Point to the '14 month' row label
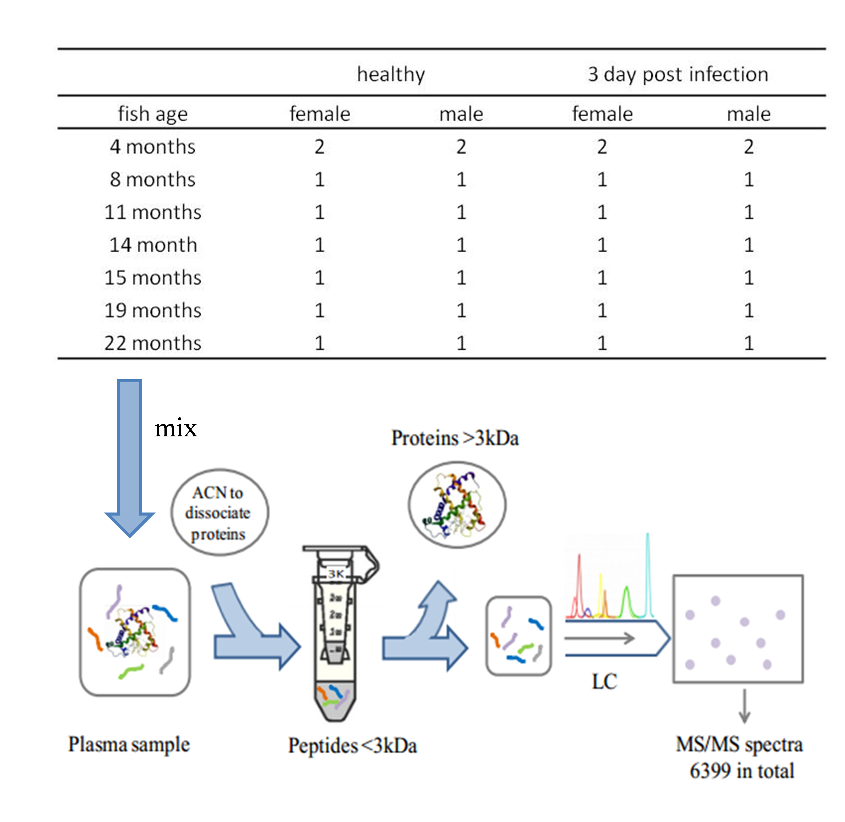pyautogui.click(x=153, y=245)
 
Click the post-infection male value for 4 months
pyautogui.click(x=748, y=147)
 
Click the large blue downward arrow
pyautogui.click(x=129, y=458)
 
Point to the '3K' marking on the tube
pyautogui.click(x=336, y=574)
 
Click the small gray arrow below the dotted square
pyautogui.click(x=744, y=706)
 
